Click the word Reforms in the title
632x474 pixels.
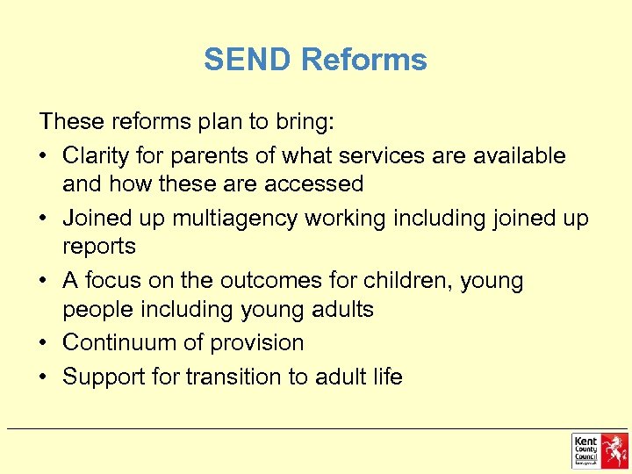[x=363, y=60]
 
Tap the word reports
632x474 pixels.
[x=99, y=247]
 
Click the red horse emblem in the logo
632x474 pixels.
[x=614, y=450]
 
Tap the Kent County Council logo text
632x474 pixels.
[x=586, y=449]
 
